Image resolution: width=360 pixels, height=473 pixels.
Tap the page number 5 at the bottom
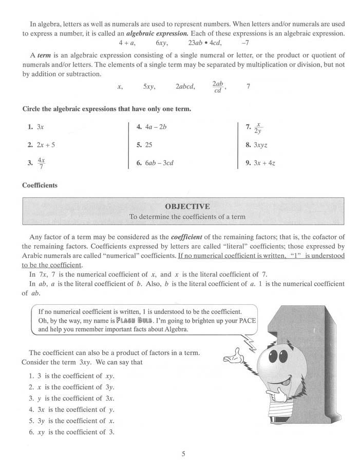coord(183,454)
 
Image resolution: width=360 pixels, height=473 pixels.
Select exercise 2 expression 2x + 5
coord(46,145)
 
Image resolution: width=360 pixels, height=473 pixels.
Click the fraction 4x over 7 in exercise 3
coord(42,164)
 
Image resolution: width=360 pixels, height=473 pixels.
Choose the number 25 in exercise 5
coord(148,145)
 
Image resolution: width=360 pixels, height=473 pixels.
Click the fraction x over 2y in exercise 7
coord(259,127)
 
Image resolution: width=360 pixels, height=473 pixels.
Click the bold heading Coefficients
coord(40,185)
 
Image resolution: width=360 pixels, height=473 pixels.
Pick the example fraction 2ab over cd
coord(218,87)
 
